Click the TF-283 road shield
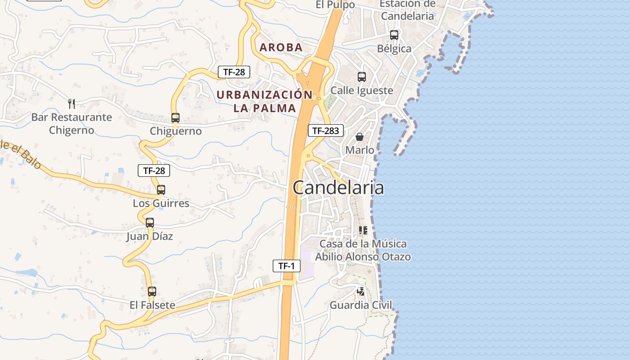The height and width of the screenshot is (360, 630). (326, 131)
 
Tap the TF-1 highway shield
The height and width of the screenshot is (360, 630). (286, 266)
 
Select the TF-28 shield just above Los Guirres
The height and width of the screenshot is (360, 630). (154, 171)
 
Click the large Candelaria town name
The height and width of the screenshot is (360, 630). (338, 188)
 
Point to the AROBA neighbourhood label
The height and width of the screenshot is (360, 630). (281, 48)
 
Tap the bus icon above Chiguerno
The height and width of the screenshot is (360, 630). (175, 118)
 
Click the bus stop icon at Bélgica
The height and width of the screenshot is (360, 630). (394, 35)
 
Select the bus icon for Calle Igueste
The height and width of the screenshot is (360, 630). (362, 77)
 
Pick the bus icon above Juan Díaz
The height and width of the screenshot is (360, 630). (150, 222)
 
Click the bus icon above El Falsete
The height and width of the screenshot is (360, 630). (152, 292)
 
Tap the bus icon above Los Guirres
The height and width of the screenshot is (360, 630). (161, 190)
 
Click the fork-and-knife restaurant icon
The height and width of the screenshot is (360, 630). (71, 104)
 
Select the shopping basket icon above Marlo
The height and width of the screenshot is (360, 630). (360, 136)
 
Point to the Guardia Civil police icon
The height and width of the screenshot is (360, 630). (361, 292)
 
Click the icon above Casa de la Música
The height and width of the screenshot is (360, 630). (363, 230)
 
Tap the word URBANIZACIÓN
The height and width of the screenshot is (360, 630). (265, 95)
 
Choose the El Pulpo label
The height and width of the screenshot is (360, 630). (335, 5)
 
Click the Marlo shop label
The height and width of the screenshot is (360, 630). (360, 150)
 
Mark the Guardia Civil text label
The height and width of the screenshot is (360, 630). (361, 305)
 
